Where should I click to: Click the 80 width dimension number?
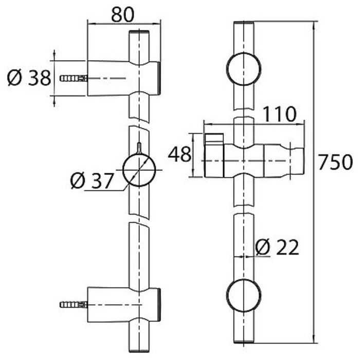(122, 14)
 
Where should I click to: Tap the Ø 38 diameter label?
(29, 78)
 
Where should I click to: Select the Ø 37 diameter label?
(92, 181)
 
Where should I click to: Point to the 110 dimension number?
(279, 114)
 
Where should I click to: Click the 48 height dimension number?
(179, 154)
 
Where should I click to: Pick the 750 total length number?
(335, 162)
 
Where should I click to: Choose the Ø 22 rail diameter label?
(277, 247)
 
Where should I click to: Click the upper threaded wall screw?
(74, 78)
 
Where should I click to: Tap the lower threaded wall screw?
(74, 304)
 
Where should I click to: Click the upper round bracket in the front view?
(244, 69)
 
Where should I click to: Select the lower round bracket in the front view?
(244, 295)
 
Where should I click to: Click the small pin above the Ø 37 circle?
(139, 148)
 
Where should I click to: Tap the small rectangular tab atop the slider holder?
(214, 138)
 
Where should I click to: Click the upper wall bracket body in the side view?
(124, 78)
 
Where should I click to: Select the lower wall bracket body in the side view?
(124, 304)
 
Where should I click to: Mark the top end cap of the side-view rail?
(139, 32)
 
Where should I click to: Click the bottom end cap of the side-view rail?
(139, 351)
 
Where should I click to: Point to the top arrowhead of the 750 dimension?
(314, 25)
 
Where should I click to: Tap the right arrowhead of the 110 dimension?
(300, 124)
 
